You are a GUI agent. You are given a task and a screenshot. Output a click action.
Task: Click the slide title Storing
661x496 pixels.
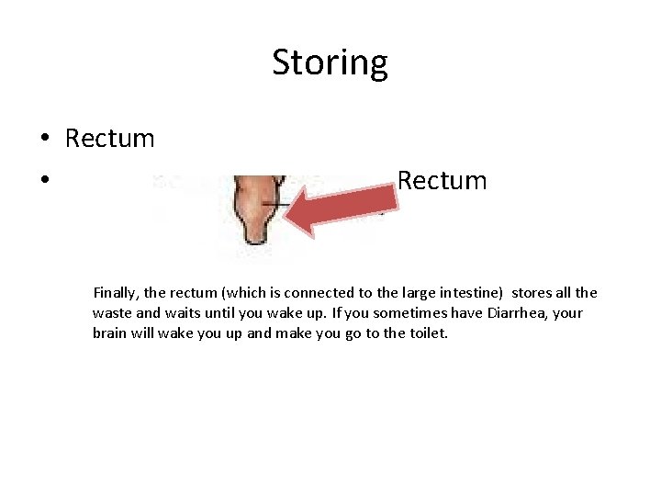click(330, 62)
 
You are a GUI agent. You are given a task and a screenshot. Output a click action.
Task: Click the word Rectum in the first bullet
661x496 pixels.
click(109, 139)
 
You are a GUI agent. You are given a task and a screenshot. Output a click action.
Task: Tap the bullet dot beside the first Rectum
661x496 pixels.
click(44, 140)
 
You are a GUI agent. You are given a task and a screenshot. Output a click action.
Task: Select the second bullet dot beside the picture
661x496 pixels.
click(44, 181)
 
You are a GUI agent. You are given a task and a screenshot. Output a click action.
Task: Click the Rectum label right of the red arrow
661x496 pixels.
click(442, 180)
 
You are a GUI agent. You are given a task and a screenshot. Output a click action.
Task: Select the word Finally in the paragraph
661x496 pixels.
click(117, 293)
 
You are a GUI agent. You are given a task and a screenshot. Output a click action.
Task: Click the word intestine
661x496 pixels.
click(469, 293)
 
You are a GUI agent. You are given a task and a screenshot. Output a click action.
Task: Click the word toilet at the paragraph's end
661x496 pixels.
click(425, 333)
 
